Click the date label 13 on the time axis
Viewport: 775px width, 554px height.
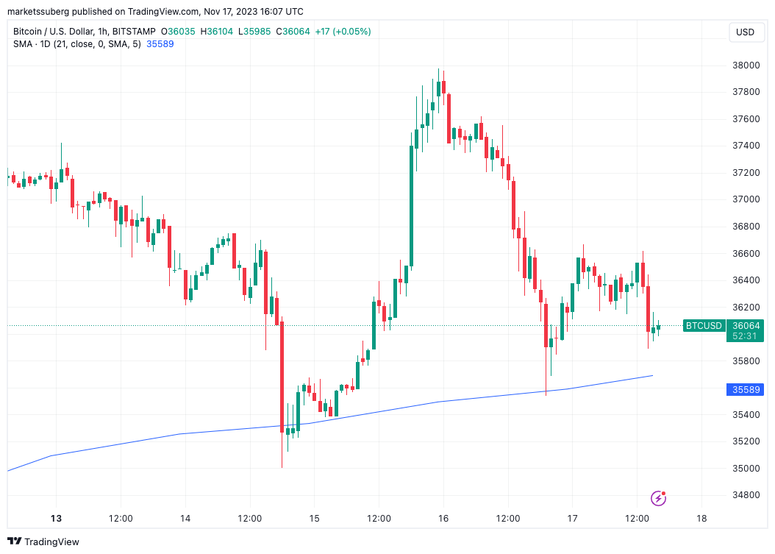(x=57, y=519)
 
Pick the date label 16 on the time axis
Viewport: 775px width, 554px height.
(x=443, y=519)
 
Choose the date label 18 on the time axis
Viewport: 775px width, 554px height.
(x=701, y=519)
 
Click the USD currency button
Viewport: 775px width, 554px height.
(x=746, y=32)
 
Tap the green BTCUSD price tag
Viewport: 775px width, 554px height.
(x=704, y=325)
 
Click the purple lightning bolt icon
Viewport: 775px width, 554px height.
(x=659, y=499)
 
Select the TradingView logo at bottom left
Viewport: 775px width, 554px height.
(x=44, y=542)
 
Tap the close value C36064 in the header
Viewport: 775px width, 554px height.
(x=292, y=32)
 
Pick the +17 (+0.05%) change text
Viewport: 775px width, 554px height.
(x=343, y=32)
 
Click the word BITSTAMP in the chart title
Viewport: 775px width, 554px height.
(x=132, y=32)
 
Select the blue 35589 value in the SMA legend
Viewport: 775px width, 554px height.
(x=160, y=43)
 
